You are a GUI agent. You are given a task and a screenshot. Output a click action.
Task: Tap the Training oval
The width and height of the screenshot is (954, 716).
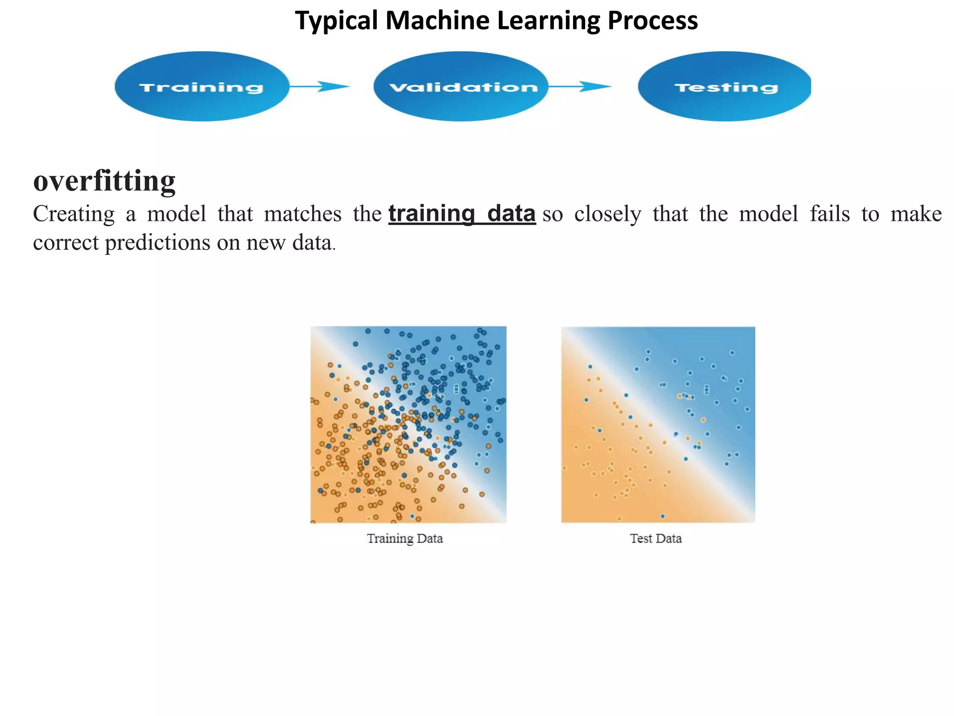click(x=201, y=87)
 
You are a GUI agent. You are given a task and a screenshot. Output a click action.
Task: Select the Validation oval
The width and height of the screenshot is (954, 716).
click(x=461, y=87)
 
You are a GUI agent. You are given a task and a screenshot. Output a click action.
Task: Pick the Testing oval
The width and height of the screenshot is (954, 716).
click(x=725, y=87)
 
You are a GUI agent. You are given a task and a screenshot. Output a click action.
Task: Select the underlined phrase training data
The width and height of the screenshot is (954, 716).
click(x=462, y=213)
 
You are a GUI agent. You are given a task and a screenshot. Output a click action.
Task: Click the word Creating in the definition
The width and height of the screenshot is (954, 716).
click(x=74, y=214)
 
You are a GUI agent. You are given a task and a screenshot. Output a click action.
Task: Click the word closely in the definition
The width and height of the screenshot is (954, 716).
click(x=607, y=214)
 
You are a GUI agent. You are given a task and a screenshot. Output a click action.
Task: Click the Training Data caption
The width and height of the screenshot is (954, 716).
click(x=404, y=538)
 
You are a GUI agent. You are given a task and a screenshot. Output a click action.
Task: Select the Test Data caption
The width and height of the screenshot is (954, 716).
click(x=655, y=538)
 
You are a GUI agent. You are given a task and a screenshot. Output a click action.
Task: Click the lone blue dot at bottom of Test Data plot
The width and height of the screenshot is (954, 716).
click(x=662, y=516)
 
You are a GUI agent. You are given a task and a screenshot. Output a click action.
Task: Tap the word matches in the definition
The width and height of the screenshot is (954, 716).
click(x=302, y=214)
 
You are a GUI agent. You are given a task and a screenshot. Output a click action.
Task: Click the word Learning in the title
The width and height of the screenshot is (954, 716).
click(x=549, y=21)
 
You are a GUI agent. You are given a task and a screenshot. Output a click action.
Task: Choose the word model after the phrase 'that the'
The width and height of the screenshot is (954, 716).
click(x=768, y=214)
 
